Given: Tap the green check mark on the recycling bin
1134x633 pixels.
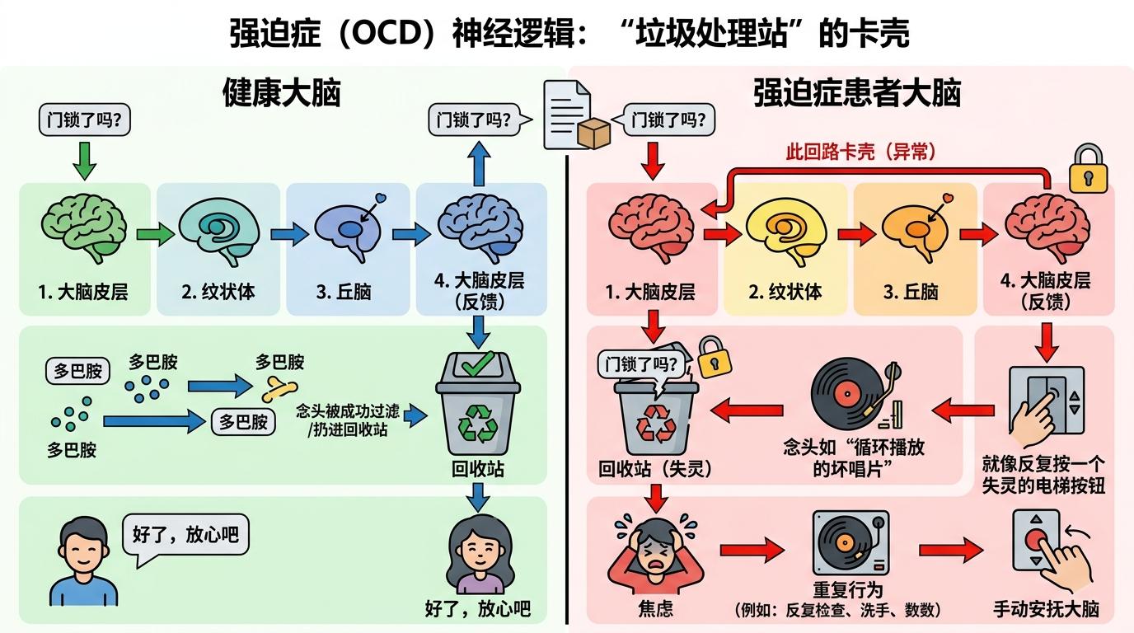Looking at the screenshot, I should [x=478, y=363].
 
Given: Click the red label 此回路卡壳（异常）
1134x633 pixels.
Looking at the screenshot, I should [x=861, y=152].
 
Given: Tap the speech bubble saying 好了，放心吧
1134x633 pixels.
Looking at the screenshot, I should [x=185, y=534].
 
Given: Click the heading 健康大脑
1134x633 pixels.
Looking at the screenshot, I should [x=281, y=94].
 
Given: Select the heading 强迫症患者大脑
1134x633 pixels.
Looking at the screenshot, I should [x=856, y=94].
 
